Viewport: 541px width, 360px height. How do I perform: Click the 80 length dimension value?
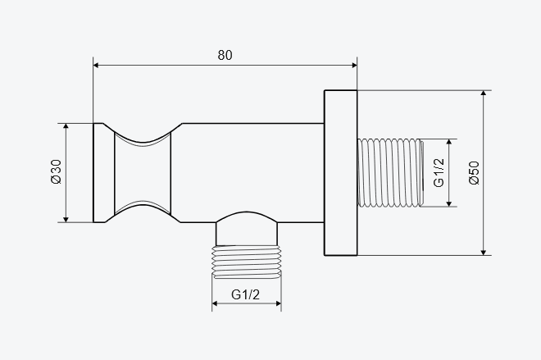click(x=225, y=55)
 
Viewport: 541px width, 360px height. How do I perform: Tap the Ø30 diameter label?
click(x=56, y=171)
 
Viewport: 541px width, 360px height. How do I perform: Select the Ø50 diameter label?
click(x=475, y=172)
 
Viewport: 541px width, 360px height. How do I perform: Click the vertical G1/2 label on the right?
click(x=439, y=172)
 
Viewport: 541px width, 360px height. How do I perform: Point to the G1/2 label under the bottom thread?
click(x=245, y=294)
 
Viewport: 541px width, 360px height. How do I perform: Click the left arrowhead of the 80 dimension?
click(x=96, y=66)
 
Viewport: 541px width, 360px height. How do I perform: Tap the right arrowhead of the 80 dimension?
click(x=354, y=66)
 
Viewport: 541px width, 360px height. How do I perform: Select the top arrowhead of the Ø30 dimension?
click(x=66, y=126)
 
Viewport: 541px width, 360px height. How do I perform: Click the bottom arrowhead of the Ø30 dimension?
click(x=66, y=219)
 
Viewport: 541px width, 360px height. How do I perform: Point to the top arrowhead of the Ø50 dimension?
click(x=484, y=93)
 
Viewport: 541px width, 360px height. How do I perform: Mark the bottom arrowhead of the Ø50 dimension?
click(x=484, y=253)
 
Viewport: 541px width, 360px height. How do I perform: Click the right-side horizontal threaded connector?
click(x=390, y=172)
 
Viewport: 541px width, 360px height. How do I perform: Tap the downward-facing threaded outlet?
click(x=247, y=262)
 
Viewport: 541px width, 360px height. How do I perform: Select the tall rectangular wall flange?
click(x=340, y=173)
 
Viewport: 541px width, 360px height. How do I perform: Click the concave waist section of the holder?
click(x=143, y=173)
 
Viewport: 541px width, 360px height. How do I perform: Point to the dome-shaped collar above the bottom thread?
click(x=247, y=229)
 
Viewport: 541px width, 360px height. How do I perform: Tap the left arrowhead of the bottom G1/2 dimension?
click(x=215, y=303)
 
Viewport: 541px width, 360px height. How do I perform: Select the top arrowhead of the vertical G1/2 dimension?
click(x=449, y=142)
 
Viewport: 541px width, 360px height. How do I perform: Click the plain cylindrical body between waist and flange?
click(x=252, y=172)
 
